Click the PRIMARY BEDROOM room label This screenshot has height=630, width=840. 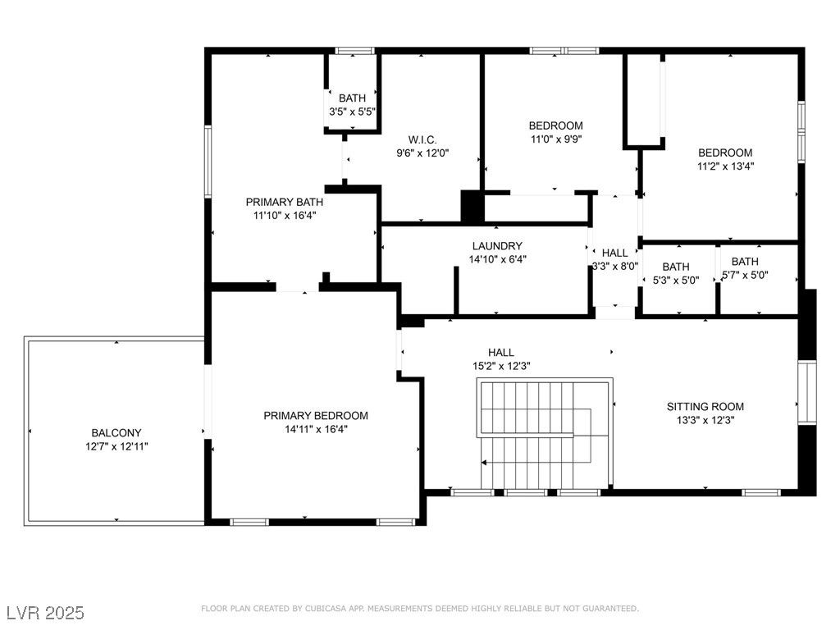point(316,416)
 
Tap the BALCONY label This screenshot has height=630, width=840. point(116,433)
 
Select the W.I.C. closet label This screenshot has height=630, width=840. point(422,139)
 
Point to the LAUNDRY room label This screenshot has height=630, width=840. point(497,246)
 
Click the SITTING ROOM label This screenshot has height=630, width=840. point(705,407)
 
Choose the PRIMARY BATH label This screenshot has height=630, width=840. point(285,202)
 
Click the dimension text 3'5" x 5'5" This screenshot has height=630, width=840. point(352,112)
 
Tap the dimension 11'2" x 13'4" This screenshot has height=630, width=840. point(725,166)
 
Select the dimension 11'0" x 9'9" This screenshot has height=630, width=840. point(556,139)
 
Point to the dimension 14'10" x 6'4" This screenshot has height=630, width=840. point(498,259)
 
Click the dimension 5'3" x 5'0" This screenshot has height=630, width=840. point(676,281)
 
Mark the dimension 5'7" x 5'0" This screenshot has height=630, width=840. point(745,275)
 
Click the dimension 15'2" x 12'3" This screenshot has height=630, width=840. point(501,366)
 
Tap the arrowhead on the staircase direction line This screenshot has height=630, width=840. point(484,463)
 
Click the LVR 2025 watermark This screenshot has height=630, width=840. point(45,613)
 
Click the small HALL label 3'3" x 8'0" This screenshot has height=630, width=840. point(615,253)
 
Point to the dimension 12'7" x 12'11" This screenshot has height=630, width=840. point(116,446)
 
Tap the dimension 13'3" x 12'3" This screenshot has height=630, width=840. point(705,420)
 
